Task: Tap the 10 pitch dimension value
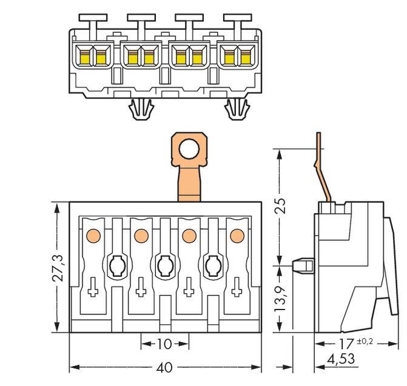pyautogui.click(x=164, y=344)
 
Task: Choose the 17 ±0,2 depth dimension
pyautogui.click(x=352, y=344)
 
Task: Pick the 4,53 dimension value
pyautogui.click(x=340, y=359)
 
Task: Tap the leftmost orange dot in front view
pyautogui.click(x=93, y=234)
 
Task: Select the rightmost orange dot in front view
pyautogui.click(x=237, y=234)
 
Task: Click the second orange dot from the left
pyautogui.click(x=141, y=234)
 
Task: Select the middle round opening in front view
pyautogui.click(x=164, y=265)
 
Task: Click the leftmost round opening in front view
pyautogui.click(x=116, y=265)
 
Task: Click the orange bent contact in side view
pyautogui.click(x=323, y=170)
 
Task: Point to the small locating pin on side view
pyautogui.click(x=300, y=265)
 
